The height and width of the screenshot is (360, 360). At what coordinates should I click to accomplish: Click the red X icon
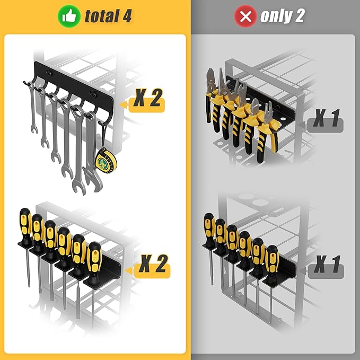coord(245,16)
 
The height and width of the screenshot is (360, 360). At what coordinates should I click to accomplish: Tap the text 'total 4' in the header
coord(108,16)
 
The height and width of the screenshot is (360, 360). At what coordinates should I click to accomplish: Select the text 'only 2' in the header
coord(282,16)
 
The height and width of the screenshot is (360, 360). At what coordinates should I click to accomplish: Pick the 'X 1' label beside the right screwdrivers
coord(326,264)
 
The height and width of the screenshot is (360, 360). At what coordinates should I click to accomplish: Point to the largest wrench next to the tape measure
coord(91,154)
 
